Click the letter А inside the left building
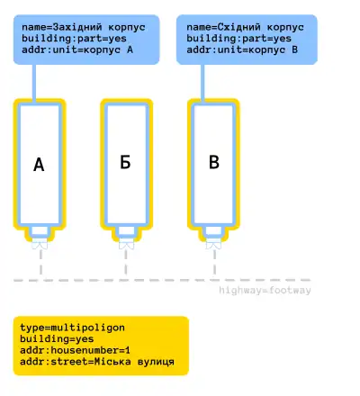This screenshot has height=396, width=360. (39, 165)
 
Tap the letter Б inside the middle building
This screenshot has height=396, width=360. (125, 162)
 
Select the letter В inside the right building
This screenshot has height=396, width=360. (214, 162)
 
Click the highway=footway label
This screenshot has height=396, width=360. (265, 291)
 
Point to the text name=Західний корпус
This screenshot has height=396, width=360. (84, 27)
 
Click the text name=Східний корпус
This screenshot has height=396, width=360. (245, 27)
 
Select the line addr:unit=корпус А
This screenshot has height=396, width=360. (77, 49)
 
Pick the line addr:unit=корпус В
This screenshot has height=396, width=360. (242, 49)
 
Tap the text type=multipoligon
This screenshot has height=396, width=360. (72, 328)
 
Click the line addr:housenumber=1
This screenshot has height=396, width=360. (75, 350)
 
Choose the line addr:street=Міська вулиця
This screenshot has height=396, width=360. (97, 362)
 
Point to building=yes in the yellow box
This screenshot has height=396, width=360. (57, 339)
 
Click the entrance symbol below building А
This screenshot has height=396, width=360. (40, 244)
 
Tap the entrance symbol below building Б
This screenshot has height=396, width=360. (127, 244)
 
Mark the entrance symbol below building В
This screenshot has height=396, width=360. (213, 244)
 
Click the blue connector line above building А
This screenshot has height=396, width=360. (34, 84)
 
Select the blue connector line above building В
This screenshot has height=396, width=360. (202, 84)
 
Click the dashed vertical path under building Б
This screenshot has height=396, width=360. (126, 262)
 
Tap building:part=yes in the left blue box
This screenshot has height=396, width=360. (74, 39)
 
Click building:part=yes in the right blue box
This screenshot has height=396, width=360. (238, 39)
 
